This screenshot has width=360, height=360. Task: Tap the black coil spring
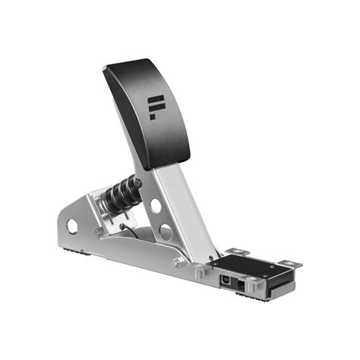coord(121,193)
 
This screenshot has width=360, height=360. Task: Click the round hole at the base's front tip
coord(72,226)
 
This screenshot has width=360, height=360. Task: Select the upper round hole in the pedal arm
coord(156,205)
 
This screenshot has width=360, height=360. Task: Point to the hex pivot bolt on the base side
coord(176,263)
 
